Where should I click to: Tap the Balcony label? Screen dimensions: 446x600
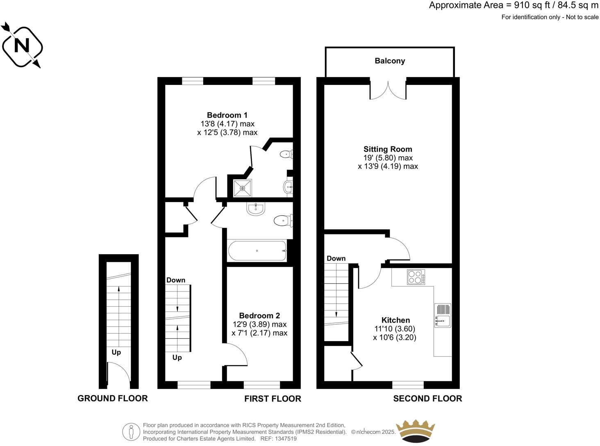coord(390,61)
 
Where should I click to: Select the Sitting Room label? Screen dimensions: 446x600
coord(388,149)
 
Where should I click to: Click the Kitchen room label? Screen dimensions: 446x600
coord(395,320)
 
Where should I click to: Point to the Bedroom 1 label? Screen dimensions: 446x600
coord(227,115)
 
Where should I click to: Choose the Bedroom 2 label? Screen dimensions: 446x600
coord(259,316)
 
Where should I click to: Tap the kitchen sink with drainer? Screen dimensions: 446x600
coord(443,315)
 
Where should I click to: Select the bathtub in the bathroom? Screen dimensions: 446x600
coord(257,250)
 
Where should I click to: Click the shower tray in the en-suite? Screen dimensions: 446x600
coord(242,188)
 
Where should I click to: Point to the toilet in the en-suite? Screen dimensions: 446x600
coord(286,155)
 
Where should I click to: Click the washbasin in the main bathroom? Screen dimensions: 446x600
coord(256,208)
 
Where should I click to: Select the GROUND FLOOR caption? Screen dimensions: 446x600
coord(113,398)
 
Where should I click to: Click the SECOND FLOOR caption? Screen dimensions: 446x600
coord(427,398)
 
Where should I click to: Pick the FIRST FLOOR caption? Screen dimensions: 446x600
coord(273,398)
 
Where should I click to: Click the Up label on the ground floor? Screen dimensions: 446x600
coord(116,352)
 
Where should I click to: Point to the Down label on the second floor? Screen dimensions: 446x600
coord(336,258)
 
